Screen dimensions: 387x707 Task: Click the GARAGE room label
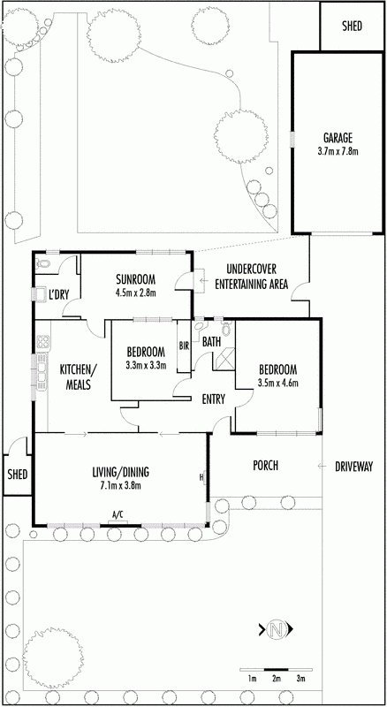(338, 138)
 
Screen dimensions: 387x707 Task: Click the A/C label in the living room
(118, 513)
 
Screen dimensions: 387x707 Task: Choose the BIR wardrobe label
(184, 346)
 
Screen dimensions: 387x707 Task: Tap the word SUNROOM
(134, 277)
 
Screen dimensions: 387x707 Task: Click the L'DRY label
(58, 296)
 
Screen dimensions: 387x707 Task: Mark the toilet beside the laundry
(42, 263)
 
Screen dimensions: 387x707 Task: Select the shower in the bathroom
(224, 359)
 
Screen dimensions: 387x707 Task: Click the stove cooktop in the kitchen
(43, 341)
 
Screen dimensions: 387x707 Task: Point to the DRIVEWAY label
(353, 467)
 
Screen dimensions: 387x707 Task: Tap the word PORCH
(265, 466)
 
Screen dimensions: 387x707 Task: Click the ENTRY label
(213, 399)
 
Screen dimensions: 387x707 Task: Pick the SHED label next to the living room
(18, 475)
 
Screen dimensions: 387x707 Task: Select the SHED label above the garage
(352, 27)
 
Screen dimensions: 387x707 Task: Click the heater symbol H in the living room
(202, 476)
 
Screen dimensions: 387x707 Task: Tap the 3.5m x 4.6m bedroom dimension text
(278, 384)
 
